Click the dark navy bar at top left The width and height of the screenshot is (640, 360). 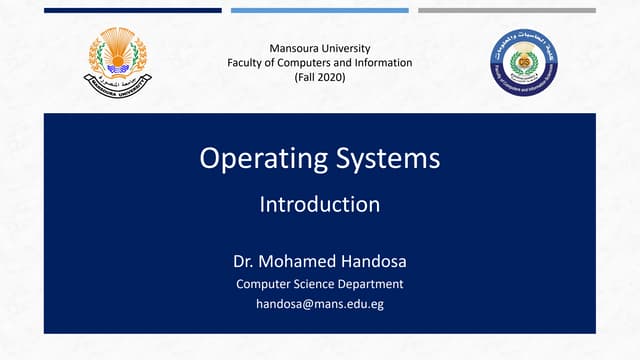pyautogui.click(x=133, y=10)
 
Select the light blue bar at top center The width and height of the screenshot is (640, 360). pyautogui.click(x=319, y=10)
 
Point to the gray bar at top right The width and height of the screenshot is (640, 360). pyautogui.click(x=506, y=10)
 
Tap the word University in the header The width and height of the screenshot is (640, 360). pyautogui.click(x=346, y=48)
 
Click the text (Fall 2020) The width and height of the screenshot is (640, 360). pyautogui.click(x=319, y=77)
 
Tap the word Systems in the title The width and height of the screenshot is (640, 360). pyautogui.click(x=390, y=159)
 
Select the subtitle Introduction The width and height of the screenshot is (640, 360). pyautogui.click(x=319, y=205)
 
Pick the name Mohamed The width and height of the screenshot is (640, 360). pyautogui.click(x=294, y=263)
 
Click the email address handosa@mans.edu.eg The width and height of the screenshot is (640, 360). pyautogui.click(x=319, y=304)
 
